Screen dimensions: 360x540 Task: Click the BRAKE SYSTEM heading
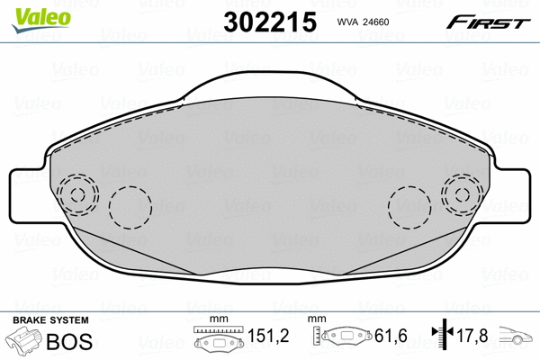point(49,321)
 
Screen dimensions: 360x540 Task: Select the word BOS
point(65,341)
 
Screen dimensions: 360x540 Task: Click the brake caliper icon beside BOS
point(24,342)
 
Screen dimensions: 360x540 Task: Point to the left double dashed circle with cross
point(76,194)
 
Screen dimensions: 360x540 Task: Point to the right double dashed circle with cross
point(463,194)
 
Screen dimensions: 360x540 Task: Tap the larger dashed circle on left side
point(130,207)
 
